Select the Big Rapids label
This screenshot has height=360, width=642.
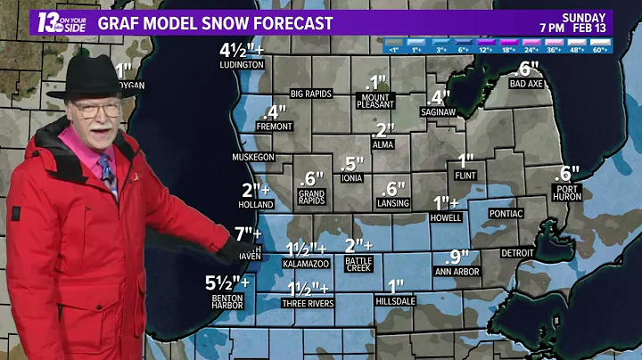point(311,94)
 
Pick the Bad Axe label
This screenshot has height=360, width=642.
point(526,84)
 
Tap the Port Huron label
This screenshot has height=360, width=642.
point(565,192)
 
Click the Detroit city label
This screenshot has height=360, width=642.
point(517,253)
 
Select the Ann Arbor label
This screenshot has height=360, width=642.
point(457,271)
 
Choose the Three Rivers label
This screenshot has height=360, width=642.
point(308,303)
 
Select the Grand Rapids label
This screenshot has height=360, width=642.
point(311,197)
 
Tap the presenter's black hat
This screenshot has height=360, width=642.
point(92,78)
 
